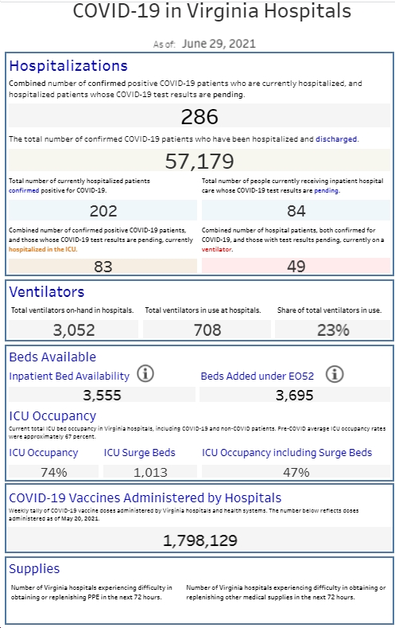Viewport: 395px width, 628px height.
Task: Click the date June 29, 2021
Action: pos(219,44)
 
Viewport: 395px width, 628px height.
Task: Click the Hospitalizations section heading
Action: pos(68,66)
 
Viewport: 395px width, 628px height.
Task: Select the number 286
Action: pos(199,117)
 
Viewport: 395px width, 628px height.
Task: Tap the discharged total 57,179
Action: pos(199,161)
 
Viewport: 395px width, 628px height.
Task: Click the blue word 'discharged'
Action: pos(336,139)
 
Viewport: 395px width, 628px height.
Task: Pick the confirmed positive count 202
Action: pos(103,211)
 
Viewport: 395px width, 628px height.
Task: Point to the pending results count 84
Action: pos(296,211)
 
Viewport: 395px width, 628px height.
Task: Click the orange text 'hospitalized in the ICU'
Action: pos(43,249)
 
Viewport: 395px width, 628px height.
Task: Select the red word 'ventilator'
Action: pos(217,249)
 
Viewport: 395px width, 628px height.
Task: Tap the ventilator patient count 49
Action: pos(296,267)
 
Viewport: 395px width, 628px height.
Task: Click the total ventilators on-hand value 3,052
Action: pos(74,330)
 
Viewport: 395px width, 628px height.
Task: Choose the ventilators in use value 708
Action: pos(207,330)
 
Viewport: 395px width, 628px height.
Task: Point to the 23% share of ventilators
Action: pos(333,330)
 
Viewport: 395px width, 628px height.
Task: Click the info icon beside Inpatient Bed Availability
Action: pos(145,374)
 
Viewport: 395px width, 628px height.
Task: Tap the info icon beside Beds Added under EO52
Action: pos(335,374)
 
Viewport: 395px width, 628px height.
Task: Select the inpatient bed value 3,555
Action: pos(102,396)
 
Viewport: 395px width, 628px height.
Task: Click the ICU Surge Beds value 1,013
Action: pos(150,472)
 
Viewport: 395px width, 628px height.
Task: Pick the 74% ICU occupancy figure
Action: pos(54,472)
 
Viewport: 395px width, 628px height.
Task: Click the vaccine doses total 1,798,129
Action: pos(200,540)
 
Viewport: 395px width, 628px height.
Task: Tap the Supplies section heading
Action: pos(34,569)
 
